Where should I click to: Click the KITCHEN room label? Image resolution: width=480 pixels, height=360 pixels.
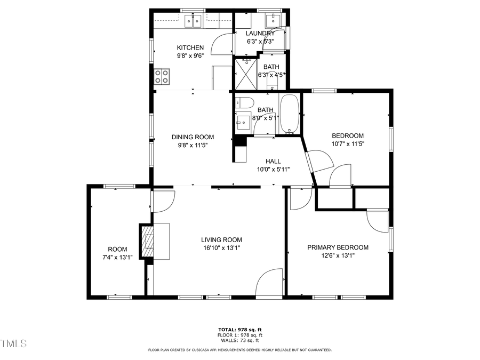point(190,47)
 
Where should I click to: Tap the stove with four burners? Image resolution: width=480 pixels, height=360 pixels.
point(162,77)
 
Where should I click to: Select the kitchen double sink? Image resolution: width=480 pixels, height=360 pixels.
point(193,21)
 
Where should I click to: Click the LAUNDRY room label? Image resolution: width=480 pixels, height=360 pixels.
point(260,33)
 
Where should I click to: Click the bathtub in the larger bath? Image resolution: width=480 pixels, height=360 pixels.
point(290,114)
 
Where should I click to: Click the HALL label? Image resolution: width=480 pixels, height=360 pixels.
point(273,161)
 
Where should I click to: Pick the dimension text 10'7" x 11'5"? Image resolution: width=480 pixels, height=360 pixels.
point(348,143)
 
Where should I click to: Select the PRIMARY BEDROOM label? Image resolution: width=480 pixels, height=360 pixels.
point(338,247)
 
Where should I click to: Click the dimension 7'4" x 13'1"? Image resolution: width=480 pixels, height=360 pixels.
point(117,257)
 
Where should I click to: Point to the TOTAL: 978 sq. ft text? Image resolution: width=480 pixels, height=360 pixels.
point(239,330)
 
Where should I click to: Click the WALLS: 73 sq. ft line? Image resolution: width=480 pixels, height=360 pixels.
point(239,340)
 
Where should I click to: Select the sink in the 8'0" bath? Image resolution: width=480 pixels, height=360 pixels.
point(242,122)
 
